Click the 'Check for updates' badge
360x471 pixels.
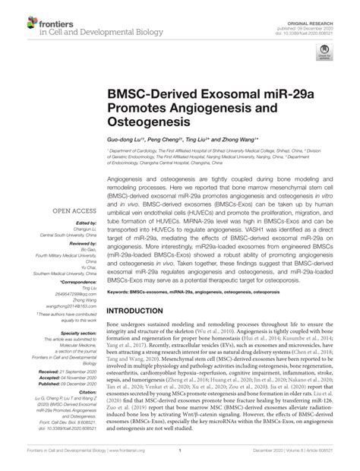click(x=326, y=54)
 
